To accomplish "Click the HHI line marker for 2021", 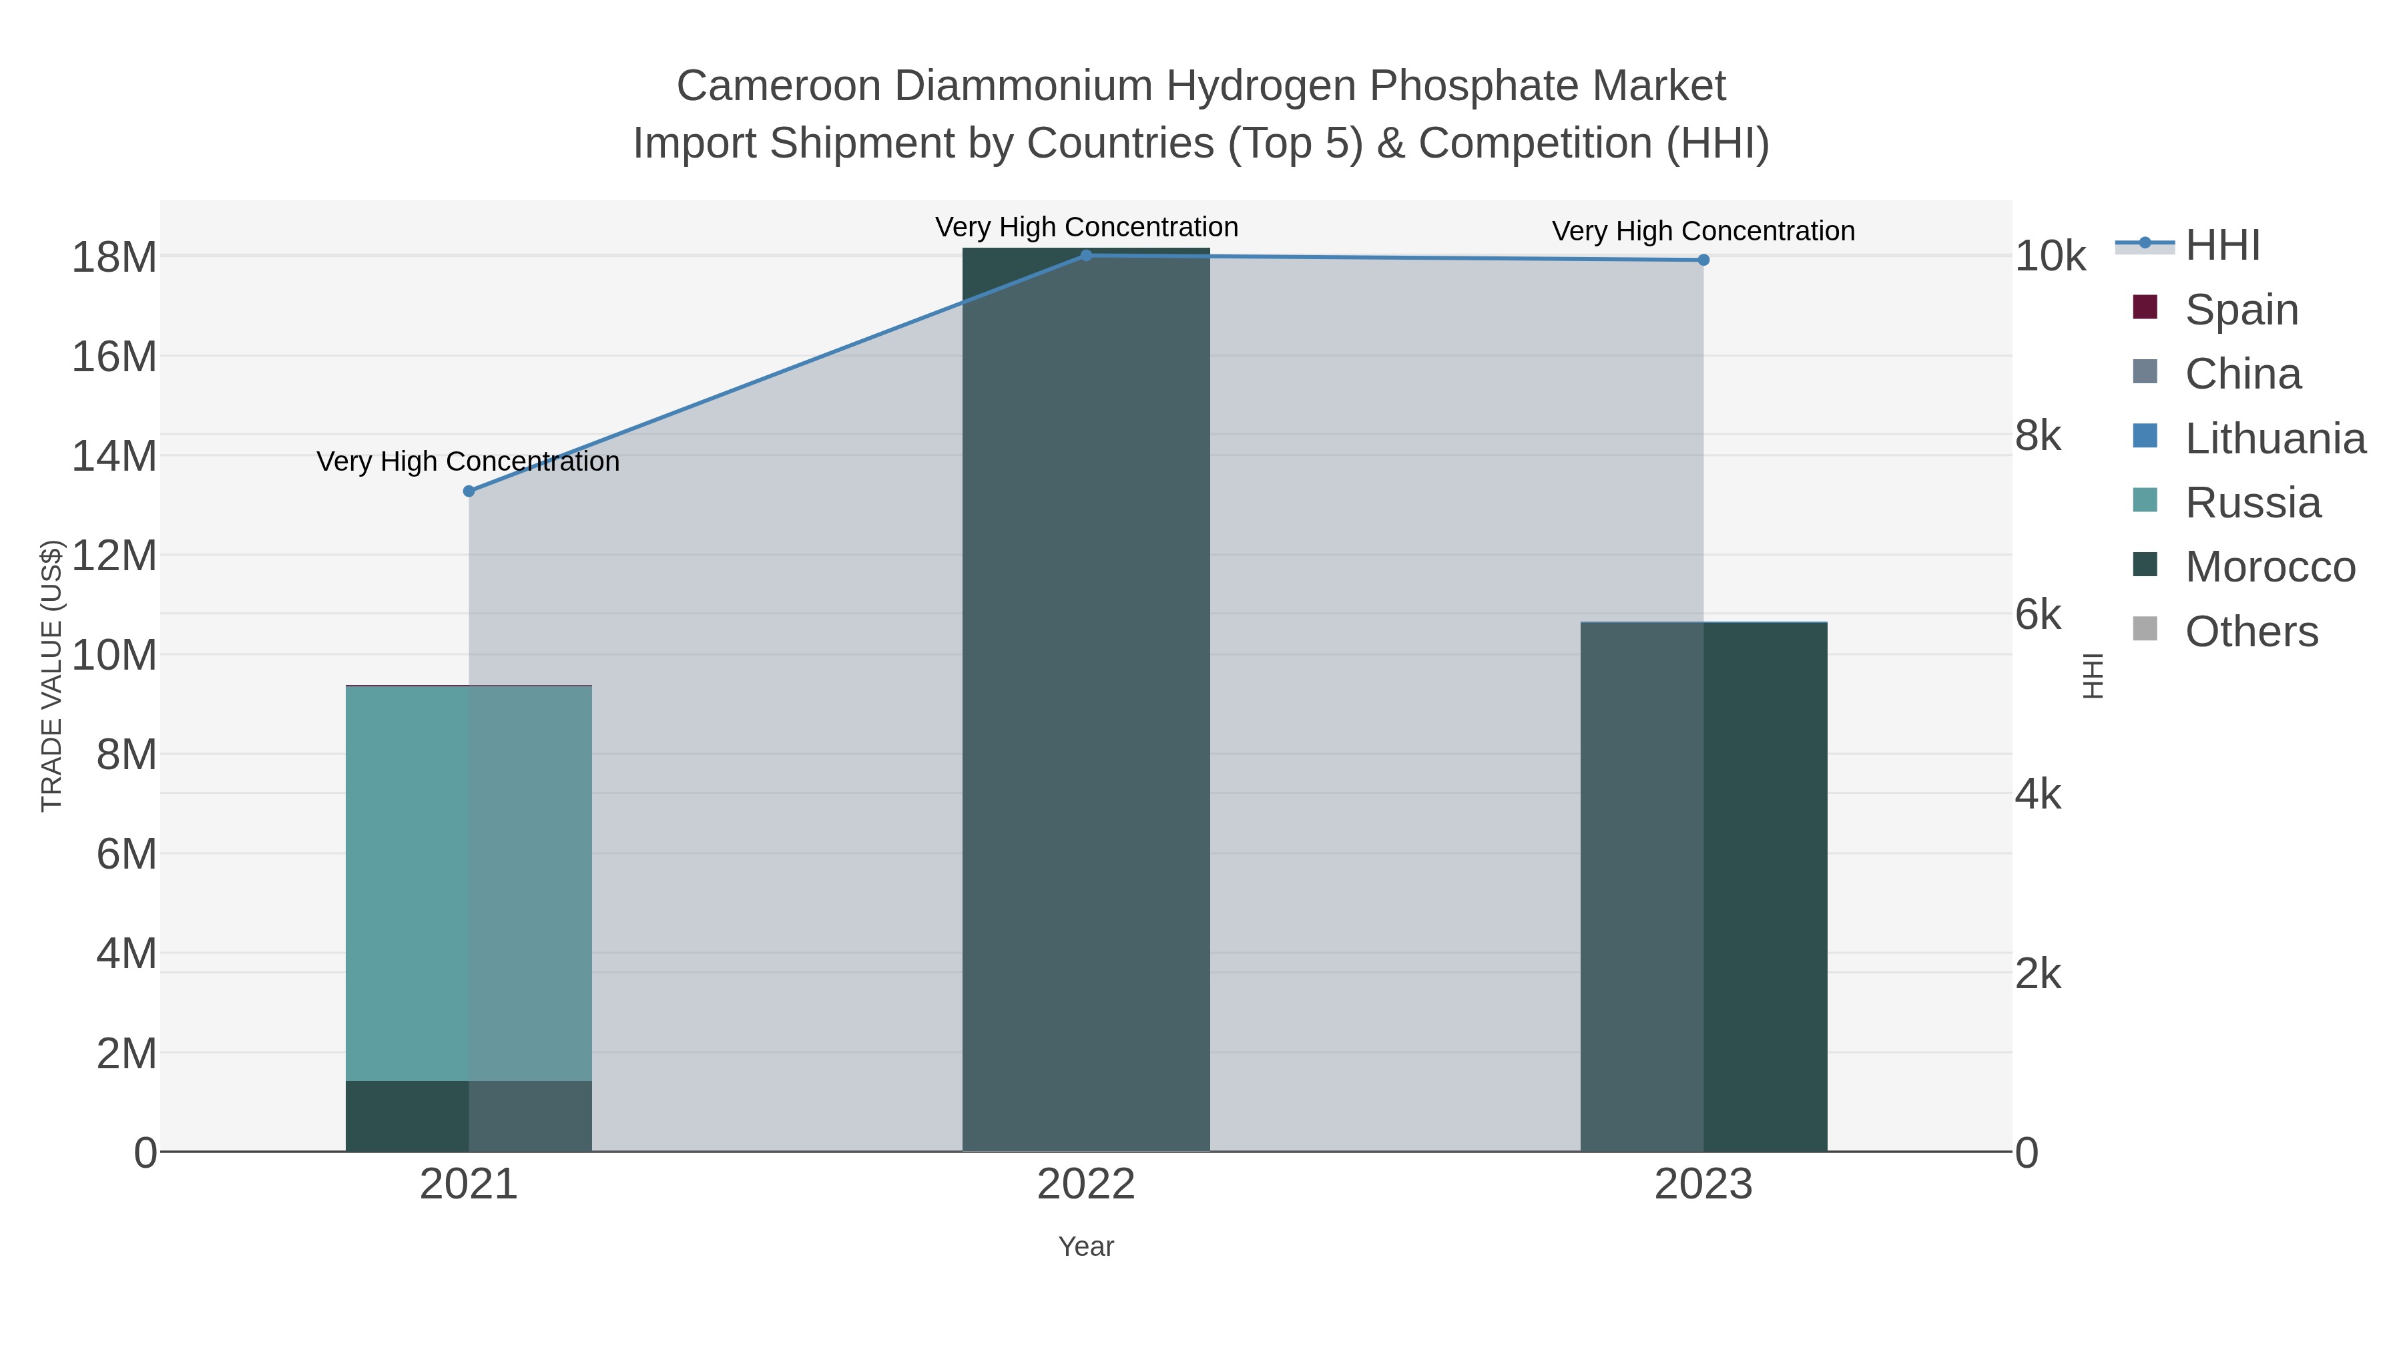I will [469, 491].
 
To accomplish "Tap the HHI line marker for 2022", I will [1086, 255].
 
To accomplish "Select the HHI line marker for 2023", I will [1703, 260].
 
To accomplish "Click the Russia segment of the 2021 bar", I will [469, 883].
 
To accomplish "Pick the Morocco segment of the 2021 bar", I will [469, 1116].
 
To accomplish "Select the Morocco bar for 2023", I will [1703, 887].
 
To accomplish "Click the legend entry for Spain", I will [2241, 310].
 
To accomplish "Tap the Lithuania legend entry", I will [2274, 439].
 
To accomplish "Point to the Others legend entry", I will [2251, 632].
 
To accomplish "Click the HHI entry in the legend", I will [2222, 246].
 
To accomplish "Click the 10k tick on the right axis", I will [2049, 256].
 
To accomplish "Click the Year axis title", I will [1086, 1247].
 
